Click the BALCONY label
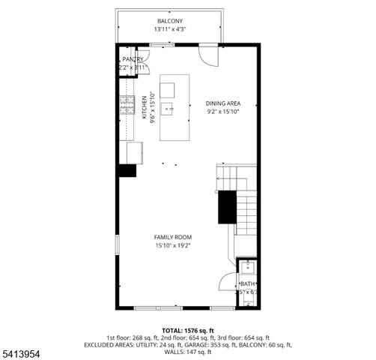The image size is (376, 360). point(170,21)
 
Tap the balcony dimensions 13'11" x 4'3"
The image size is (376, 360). point(170,30)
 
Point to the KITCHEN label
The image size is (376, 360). point(145,106)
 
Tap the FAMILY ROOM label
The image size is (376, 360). point(173,237)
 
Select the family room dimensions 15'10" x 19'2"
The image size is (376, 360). point(173,245)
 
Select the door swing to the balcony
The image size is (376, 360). point(208,55)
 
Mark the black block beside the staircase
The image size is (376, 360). point(227,206)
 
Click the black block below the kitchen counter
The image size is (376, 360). point(126,169)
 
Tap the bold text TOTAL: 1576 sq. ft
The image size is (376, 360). point(188,330)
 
